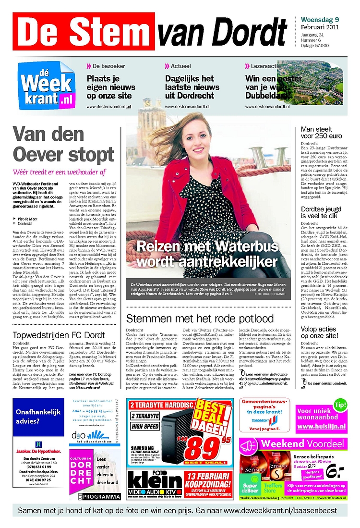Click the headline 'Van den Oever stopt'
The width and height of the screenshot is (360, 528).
63,145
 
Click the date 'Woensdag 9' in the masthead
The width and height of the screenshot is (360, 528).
320,20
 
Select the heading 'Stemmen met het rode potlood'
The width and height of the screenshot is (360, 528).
200,319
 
